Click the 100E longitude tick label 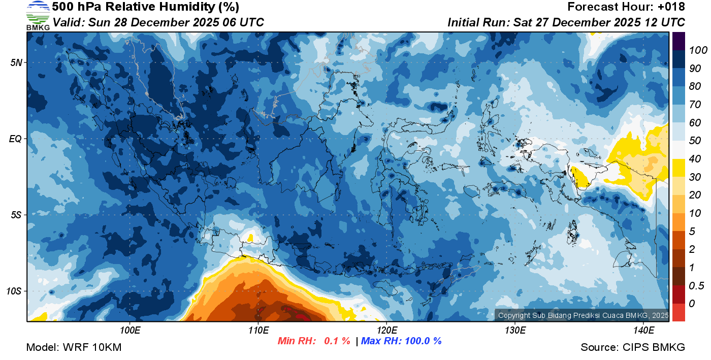[130, 331]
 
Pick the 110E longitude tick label [258, 331]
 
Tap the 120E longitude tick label [386, 331]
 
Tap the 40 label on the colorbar [695, 159]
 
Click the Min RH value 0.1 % [337, 341]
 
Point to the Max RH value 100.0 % [422, 341]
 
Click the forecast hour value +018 [671, 7]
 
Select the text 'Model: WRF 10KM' [74, 347]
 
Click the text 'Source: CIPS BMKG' [633, 347]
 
